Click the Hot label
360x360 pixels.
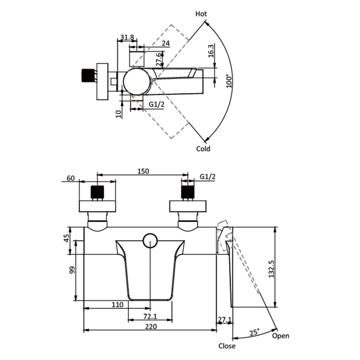(201, 14)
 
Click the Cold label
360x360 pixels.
(203, 149)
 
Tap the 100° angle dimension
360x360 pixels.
(229, 80)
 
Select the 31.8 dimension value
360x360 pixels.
(127, 37)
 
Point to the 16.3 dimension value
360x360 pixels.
(211, 50)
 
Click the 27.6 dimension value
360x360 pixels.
(159, 59)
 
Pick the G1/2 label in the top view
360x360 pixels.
(156, 104)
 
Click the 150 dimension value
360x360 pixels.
(143, 171)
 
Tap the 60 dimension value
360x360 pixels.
(70, 178)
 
